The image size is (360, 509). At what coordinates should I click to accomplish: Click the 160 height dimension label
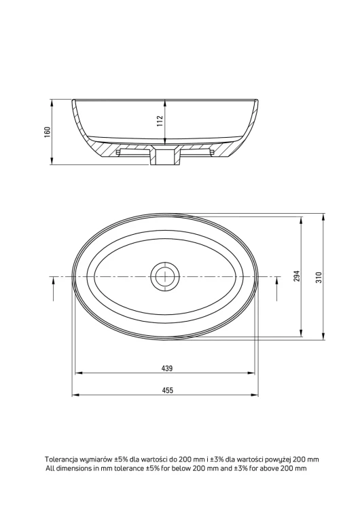click(x=48, y=132)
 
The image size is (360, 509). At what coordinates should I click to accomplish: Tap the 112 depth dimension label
click(x=160, y=121)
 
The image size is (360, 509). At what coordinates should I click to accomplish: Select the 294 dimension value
click(x=297, y=276)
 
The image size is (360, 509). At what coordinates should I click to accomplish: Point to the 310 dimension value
click(x=319, y=277)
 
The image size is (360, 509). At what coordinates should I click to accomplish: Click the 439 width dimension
click(x=167, y=369)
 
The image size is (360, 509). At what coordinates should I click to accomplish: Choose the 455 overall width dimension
click(x=167, y=390)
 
